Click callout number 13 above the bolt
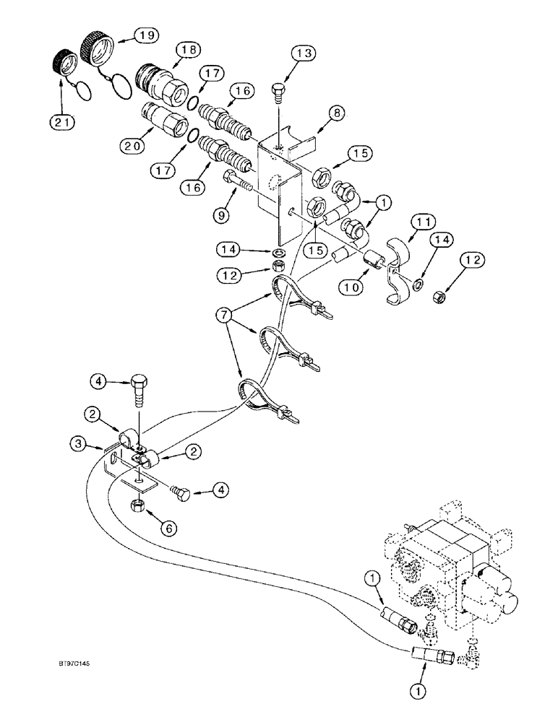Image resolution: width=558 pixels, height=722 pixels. click(304, 54)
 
